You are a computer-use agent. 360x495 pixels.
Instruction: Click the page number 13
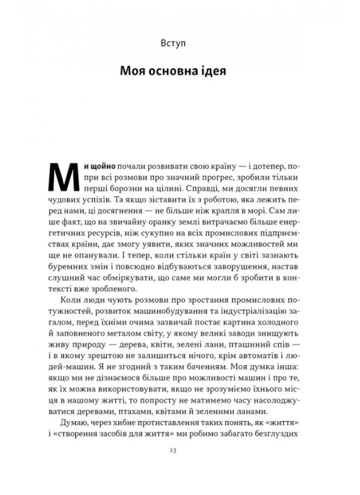180,450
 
